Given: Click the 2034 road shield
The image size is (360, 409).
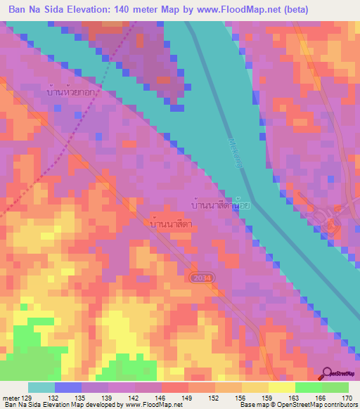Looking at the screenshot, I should (200, 278).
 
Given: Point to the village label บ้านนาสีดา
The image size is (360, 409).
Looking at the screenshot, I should (172, 223).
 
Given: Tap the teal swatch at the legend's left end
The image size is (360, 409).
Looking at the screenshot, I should (41, 387).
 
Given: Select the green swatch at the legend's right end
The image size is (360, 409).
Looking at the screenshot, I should (335, 387).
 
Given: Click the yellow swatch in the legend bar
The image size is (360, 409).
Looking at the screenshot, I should (281, 387).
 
